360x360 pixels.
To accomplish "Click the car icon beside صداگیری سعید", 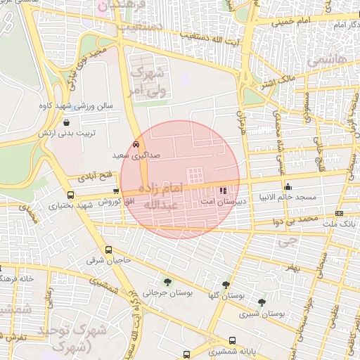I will tap(136, 143).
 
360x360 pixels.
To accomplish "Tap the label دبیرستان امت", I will tap(217, 201).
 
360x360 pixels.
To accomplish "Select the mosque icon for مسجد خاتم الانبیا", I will tap(288, 187).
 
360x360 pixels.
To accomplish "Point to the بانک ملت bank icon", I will tap(340, 212).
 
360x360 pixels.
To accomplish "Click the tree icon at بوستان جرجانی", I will tap(167, 283).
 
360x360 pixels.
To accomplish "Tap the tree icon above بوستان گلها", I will tap(226, 285).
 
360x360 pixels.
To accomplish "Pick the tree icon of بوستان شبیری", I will tap(262, 303).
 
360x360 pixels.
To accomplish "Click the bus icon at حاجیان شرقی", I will tap(108, 250).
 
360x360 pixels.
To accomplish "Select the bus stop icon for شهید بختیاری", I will tap(70, 195).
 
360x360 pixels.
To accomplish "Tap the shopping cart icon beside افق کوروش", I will tap(125, 191).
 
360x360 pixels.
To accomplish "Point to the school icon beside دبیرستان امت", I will tap(223, 190).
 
